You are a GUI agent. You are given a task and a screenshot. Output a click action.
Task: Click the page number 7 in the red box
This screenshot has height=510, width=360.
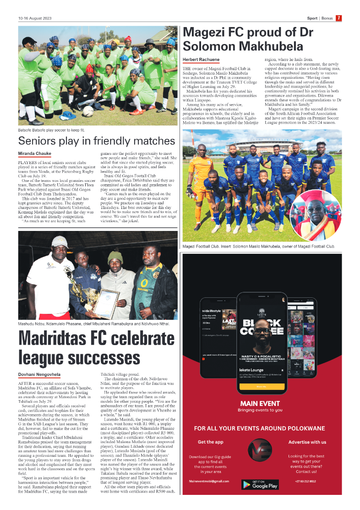pyautogui.click(x=338, y=18)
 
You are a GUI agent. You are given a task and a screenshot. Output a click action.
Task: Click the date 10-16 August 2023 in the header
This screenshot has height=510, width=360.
pyautogui.click(x=35, y=19)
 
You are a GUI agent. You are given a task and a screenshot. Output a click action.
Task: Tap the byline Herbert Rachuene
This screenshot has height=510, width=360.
pyautogui.click(x=201, y=60)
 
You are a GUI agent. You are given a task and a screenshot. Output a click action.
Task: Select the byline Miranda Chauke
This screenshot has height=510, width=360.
pyautogui.click(x=34, y=153)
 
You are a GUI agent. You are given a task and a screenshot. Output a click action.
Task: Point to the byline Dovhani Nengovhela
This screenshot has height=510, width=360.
pyautogui.click(x=39, y=374)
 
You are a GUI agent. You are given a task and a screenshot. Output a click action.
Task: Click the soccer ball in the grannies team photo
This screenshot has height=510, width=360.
pyautogui.click(x=88, y=111)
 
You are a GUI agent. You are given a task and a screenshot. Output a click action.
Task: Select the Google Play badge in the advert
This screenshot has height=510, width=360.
pyautogui.click(x=260, y=484)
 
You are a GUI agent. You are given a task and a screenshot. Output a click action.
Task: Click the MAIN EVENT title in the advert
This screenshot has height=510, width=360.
pyautogui.click(x=260, y=404)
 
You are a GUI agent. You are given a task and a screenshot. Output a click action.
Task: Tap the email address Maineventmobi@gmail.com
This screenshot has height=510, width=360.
pyautogui.click(x=209, y=481)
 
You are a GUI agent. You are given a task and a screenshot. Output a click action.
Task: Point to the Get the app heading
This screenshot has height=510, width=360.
pyautogui.click(x=211, y=442)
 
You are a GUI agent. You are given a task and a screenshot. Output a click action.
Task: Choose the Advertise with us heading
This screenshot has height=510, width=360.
pyautogui.click(x=307, y=442)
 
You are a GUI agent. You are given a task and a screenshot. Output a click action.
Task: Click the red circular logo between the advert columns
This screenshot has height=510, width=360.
pyautogui.click(x=260, y=453)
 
